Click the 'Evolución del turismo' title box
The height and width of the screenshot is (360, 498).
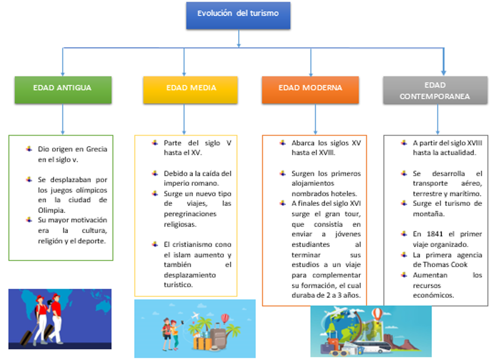pos(238,15)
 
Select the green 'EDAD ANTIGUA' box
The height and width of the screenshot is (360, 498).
pos(62,89)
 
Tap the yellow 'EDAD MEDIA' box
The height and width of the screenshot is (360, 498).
pos(190,89)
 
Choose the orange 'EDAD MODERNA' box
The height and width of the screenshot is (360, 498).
pos(310,89)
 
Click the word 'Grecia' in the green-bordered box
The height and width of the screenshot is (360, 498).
pos(96,149)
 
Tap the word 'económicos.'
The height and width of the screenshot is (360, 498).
pos(433,295)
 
